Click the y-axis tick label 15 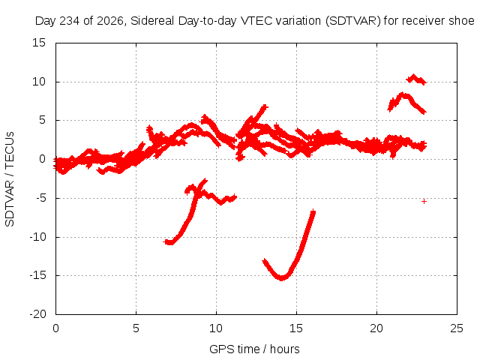39,43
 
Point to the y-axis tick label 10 39,82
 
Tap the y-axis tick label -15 38,275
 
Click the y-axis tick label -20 38,314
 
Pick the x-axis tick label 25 457,328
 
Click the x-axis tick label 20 376,328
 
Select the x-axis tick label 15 296,328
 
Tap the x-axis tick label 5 136,328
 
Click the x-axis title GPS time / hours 254,349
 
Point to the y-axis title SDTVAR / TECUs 10,179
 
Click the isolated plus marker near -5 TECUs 424,201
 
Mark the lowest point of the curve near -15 282,279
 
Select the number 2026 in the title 110,21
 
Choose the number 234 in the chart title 70,21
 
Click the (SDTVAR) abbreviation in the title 353,21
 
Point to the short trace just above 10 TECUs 415,79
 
